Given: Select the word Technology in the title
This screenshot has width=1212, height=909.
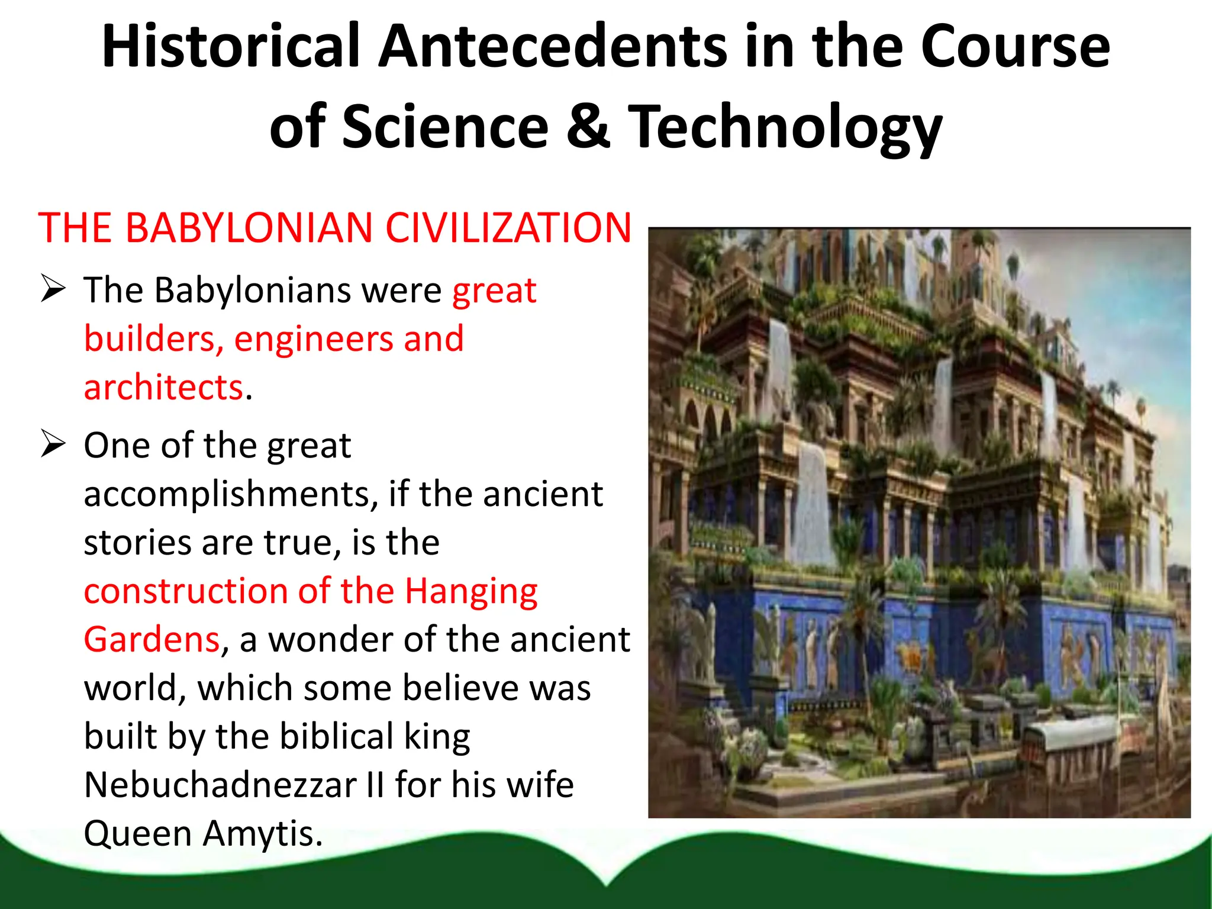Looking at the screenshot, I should pyautogui.click(x=785, y=127).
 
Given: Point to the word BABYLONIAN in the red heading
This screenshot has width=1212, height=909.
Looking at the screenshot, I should pyautogui.click(x=249, y=228).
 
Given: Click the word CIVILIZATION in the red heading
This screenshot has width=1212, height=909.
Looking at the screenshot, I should pyautogui.click(x=508, y=228).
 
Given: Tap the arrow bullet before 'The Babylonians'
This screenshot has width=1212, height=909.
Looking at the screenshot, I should pyautogui.click(x=53, y=289).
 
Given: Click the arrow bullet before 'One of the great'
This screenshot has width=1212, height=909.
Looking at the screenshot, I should pyautogui.click(x=53, y=444).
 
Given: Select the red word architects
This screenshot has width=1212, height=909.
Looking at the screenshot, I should pyautogui.click(x=163, y=387).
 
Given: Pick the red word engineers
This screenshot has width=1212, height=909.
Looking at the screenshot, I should pyautogui.click(x=314, y=339).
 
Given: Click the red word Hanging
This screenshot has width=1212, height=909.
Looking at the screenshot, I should pyautogui.click(x=471, y=592).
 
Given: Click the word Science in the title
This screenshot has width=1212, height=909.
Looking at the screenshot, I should pyautogui.click(x=445, y=126).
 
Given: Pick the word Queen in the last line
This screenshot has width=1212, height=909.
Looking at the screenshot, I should pyautogui.click(x=138, y=834).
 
